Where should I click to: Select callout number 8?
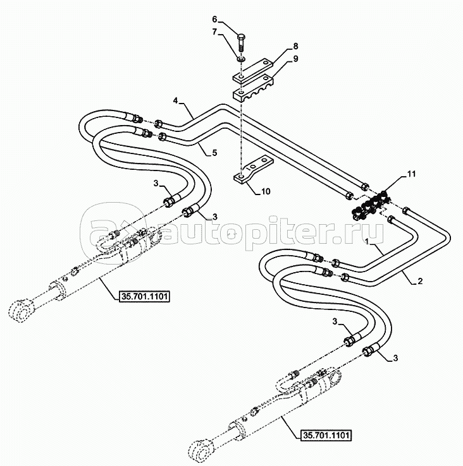(x=295, y=47)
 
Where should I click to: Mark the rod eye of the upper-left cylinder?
(x=22, y=311)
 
